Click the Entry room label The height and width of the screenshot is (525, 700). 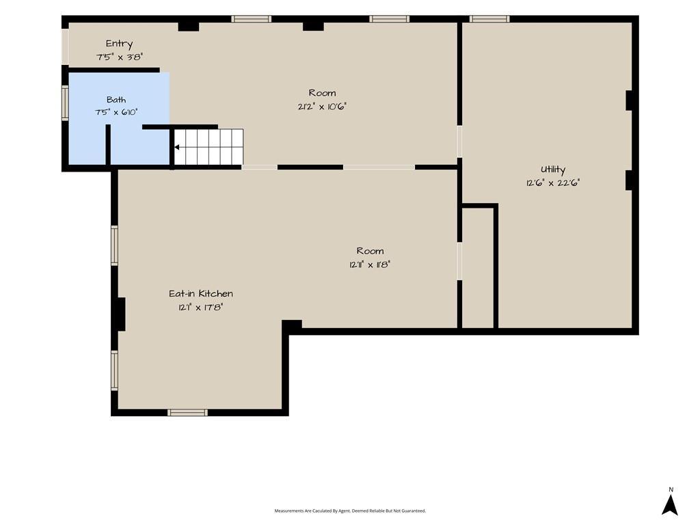(x=119, y=44)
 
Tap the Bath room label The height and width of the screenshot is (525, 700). (x=116, y=100)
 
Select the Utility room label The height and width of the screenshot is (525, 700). (x=552, y=170)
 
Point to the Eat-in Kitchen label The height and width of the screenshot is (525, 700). (x=201, y=293)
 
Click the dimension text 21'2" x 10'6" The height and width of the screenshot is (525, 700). (x=322, y=107)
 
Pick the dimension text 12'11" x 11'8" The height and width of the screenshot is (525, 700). (x=370, y=265)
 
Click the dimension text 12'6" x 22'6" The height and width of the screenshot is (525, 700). (x=552, y=183)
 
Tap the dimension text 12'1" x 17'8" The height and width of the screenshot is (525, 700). (x=200, y=307)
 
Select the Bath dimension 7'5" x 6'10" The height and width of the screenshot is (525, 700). (x=116, y=112)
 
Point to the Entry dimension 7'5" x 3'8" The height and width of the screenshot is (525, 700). (x=119, y=57)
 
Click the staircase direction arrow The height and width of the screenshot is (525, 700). (x=177, y=147)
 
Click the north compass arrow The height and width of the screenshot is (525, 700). (x=670, y=505)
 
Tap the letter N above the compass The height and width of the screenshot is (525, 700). (x=671, y=489)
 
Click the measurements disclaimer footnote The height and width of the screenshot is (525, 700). (x=350, y=511)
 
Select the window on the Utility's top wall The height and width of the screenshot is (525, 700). (x=489, y=18)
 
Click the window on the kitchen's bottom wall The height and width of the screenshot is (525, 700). (x=187, y=412)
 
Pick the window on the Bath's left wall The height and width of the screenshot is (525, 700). (x=65, y=103)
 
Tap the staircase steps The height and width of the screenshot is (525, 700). (x=208, y=147)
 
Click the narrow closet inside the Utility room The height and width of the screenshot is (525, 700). (x=478, y=268)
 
